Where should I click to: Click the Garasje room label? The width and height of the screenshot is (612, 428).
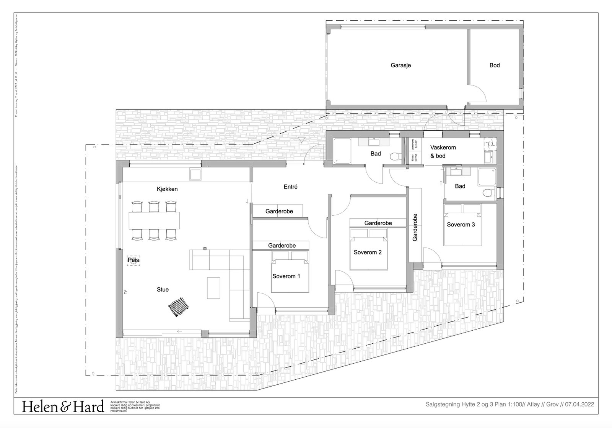(x=400, y=65)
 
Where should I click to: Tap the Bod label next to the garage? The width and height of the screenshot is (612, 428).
(x=495, y=65)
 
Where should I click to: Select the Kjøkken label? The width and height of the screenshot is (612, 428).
(x=167, y=189)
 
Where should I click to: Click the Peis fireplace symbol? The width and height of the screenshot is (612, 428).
(x=133, y=260)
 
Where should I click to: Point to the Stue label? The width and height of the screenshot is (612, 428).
(x=163, y=289)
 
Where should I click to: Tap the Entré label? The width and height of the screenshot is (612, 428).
(x=290, y=187)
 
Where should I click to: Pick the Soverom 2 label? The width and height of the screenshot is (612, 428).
(x=367, y=252)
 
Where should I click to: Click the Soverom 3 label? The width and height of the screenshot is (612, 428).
(x=461, y=225)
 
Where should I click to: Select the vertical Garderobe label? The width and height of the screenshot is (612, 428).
(x=415, y=227)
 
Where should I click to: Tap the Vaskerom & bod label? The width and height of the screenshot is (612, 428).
(x=443, y=151)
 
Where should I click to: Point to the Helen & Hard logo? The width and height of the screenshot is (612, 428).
(x=63, y=407)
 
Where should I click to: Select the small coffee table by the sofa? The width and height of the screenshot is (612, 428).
(x=214, y=288)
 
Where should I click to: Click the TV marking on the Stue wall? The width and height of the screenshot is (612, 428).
(x=125, y=292)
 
